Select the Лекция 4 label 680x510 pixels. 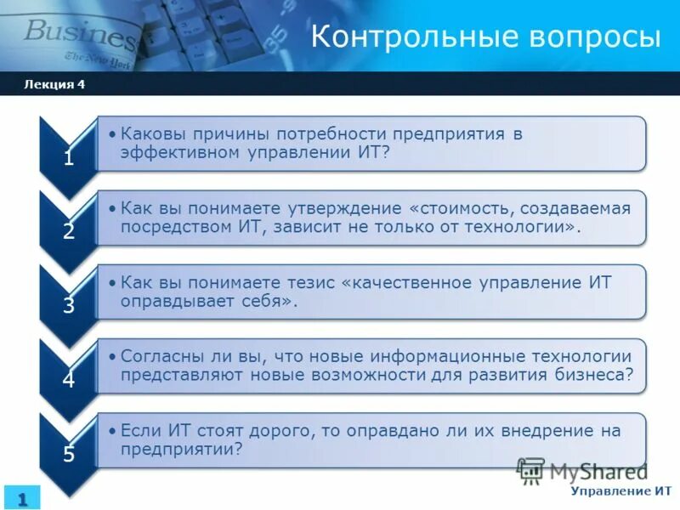pos(54,83)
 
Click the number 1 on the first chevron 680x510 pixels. pos(68,157)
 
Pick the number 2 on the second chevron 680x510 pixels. pos(68,231)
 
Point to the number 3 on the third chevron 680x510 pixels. pos(68,305)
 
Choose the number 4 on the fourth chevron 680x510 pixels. pos(68,379)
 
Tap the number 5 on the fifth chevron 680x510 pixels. pos(68,453)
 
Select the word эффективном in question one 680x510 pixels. pos(176,153)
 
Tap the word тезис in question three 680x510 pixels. pos(309,282)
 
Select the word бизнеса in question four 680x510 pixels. pos(593,375)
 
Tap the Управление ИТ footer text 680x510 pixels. pos(620,491)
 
